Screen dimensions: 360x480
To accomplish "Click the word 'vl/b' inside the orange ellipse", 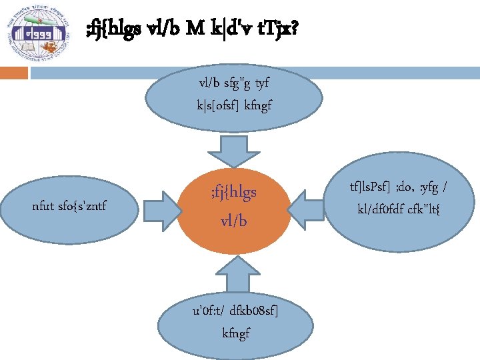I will pos(233,220).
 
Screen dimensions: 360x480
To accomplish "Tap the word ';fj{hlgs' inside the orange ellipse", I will pos(233,194).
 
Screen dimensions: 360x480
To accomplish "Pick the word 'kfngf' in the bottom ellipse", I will pos(236,332).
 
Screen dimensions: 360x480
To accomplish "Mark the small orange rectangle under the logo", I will pos(13,72).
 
